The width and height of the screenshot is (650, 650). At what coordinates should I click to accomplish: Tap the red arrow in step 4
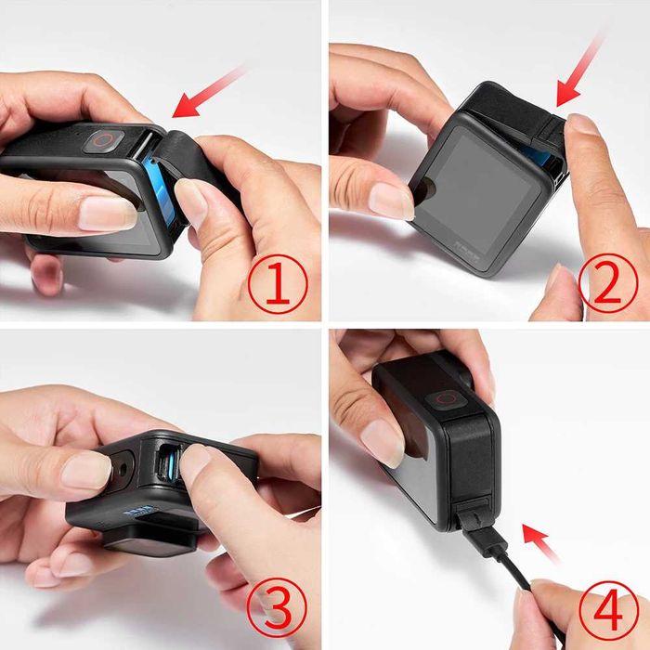(542, 542)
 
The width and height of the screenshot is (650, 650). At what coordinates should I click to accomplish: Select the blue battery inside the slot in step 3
(170, 461)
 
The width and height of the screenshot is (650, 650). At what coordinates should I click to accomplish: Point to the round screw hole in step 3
(120, 461)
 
